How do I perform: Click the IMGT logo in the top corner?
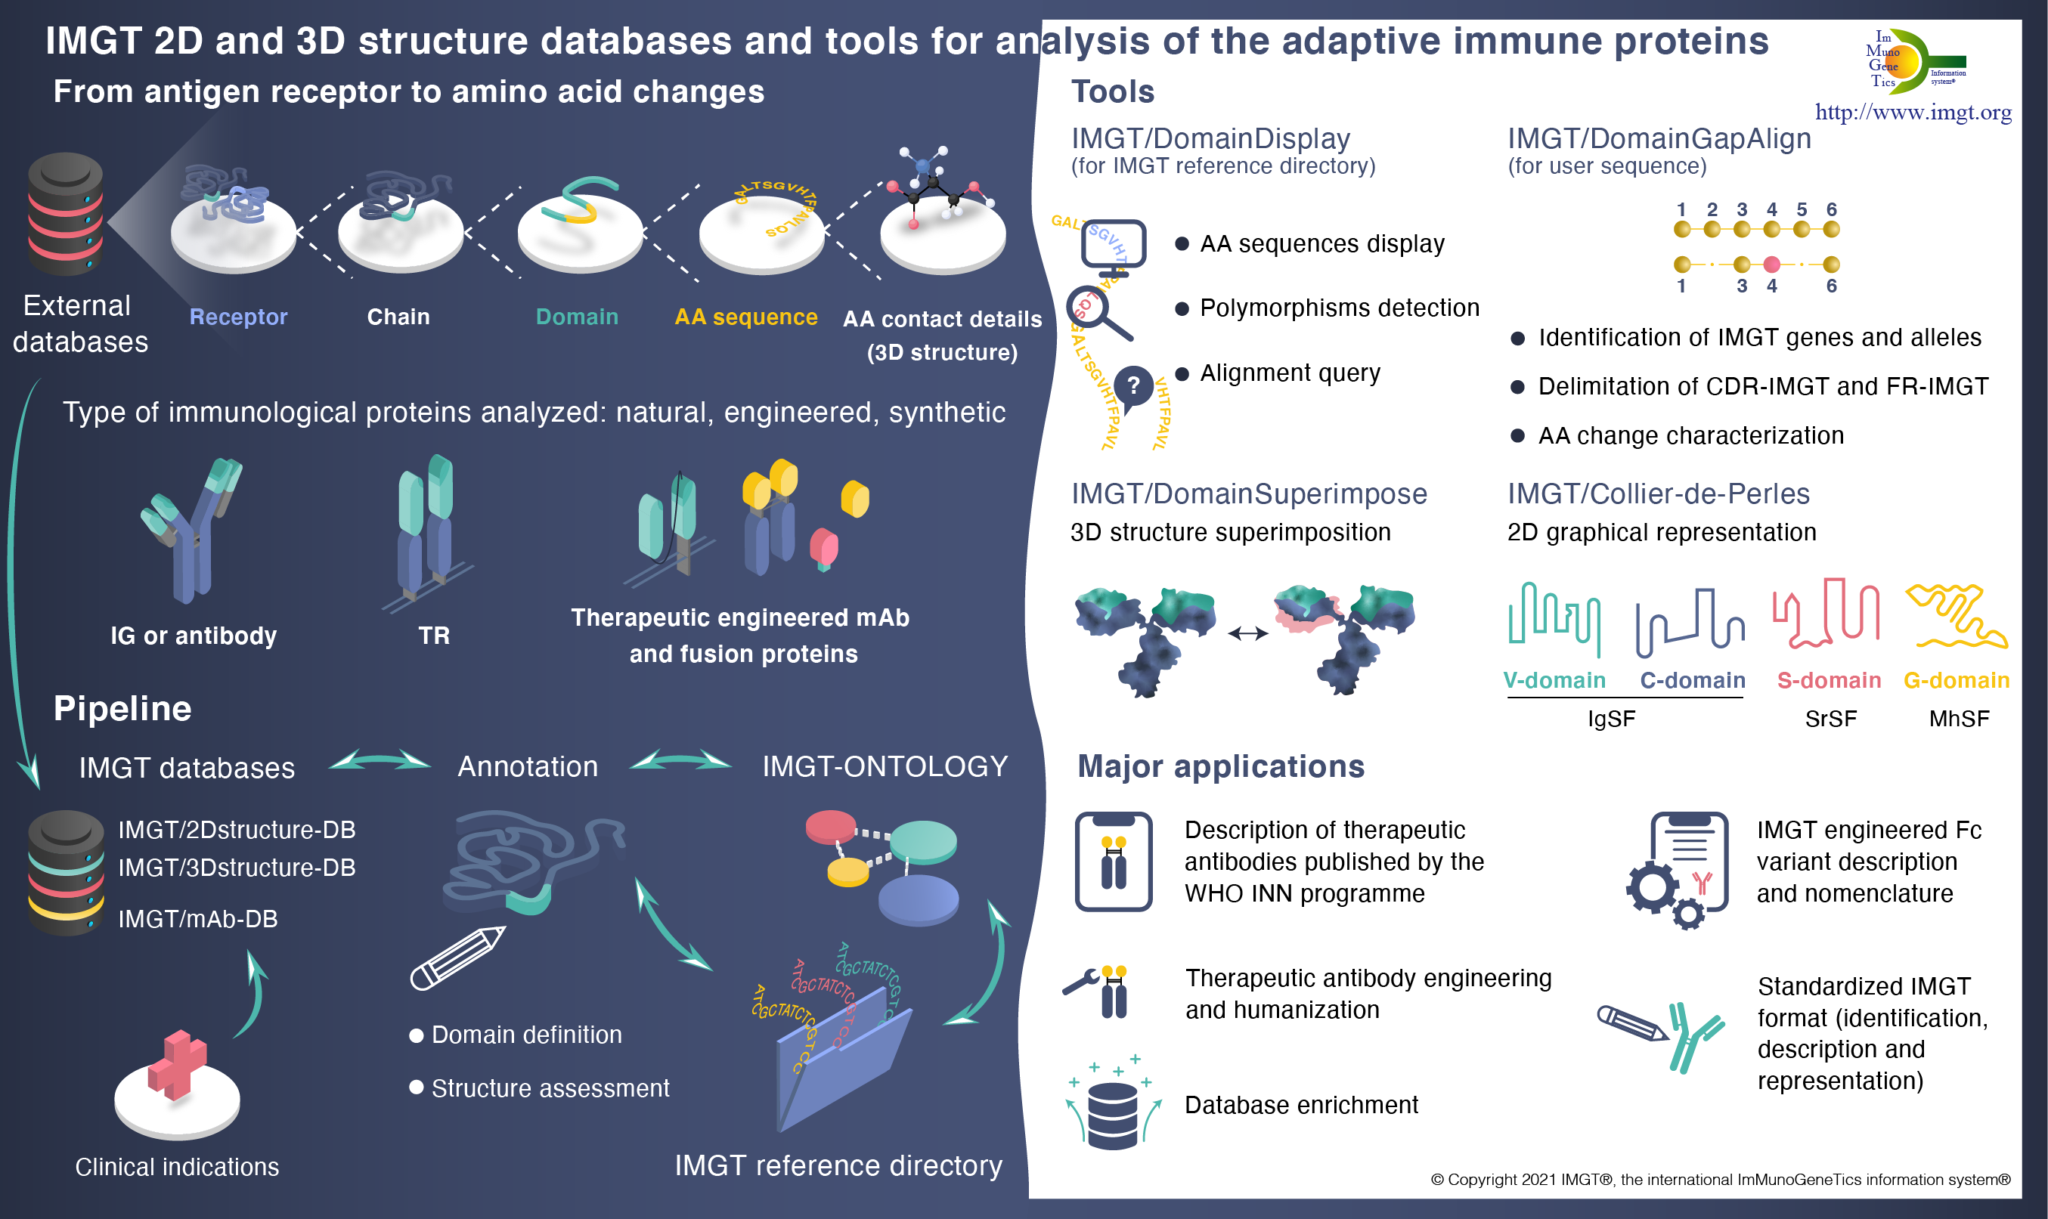1914,60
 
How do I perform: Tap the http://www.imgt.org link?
1913,112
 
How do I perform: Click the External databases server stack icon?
65,214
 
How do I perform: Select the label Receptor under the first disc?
238,317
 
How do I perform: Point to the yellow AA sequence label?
746,317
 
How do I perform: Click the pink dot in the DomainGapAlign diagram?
1772,265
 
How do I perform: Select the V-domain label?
1554,680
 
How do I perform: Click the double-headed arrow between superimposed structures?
1248,633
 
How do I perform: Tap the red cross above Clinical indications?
177,1065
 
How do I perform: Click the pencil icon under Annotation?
457,958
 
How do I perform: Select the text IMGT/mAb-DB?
198,919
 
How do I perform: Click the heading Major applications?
1221,766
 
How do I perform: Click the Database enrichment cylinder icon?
1113,1115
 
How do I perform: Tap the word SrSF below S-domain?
1830,719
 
